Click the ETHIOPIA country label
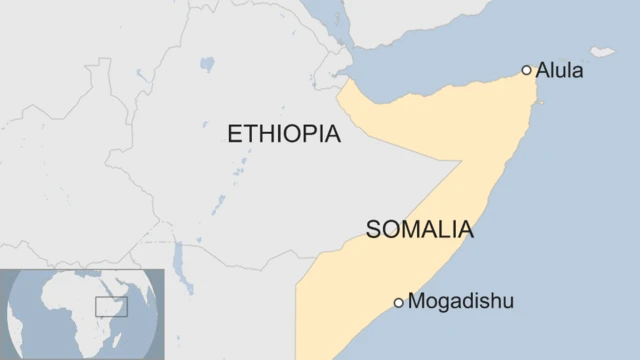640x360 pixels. point(284,134)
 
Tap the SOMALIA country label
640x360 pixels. point(419,230)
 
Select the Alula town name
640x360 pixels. point(560,71)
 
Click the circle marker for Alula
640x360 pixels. point(527,70)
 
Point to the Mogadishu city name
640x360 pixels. point(461,301)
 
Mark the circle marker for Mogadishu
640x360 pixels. point(398,302)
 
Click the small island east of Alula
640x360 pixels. point(602,51)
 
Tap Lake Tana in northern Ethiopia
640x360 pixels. point(207,65)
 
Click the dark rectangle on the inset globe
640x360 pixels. point(111,306)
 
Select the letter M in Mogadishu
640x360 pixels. point(418,301)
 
